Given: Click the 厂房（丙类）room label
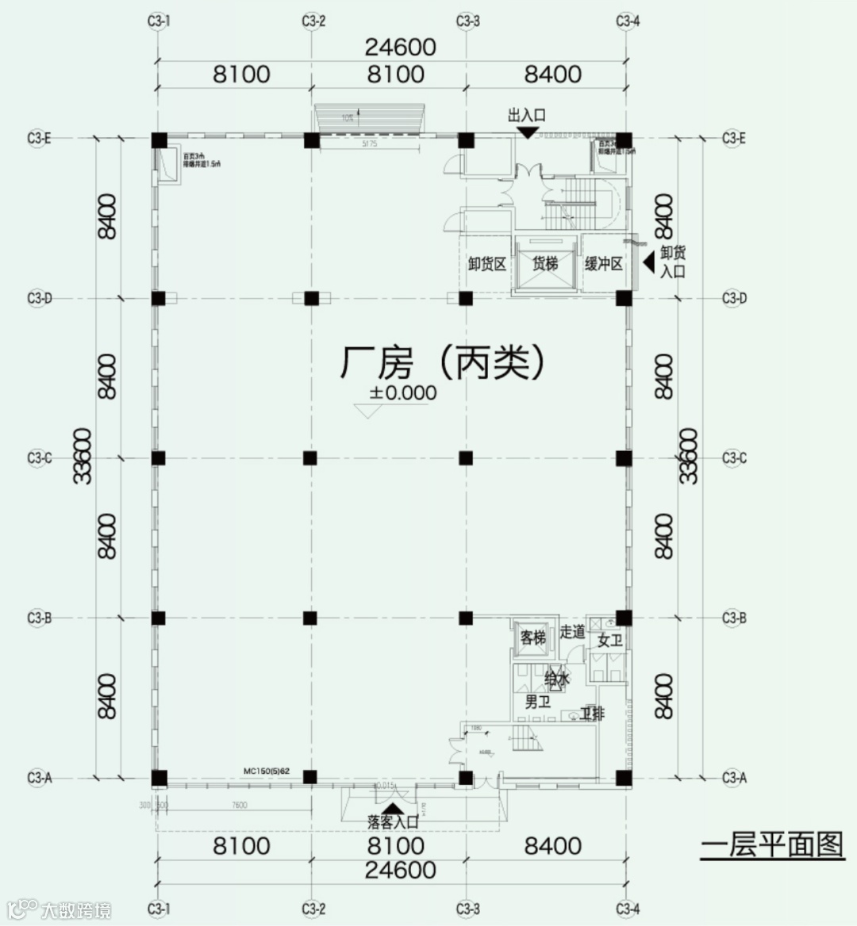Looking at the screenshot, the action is click(x=444, y=364).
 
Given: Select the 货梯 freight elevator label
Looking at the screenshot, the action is click(x=544, y=264).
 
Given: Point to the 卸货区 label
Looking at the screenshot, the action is click(x=486, y=264).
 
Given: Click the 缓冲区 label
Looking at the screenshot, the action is click(x=603, y=264).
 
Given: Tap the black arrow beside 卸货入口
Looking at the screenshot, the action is click(x=648, y=258).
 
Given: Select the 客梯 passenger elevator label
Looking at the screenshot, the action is click(x=532, y=637).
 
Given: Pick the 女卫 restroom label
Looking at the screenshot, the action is click(x=609, y=641).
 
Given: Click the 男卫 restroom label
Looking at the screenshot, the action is click(x=537, y=702).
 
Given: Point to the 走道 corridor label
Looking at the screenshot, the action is click(x=571, y=632).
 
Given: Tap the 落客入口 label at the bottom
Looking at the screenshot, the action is click(x=392, y=822).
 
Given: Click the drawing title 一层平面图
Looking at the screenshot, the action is click(x=771, y=845).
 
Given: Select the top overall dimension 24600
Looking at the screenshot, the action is click(x=400, y=47).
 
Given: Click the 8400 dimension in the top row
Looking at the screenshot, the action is click(x=553, y=75).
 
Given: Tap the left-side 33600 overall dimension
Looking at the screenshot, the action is click(x=83, y=456).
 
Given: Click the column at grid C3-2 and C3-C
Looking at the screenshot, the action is click(x=310, y=458).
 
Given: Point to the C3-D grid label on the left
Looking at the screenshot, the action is click(x=39, y=299).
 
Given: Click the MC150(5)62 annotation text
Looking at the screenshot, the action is click(x=267, y=771).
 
